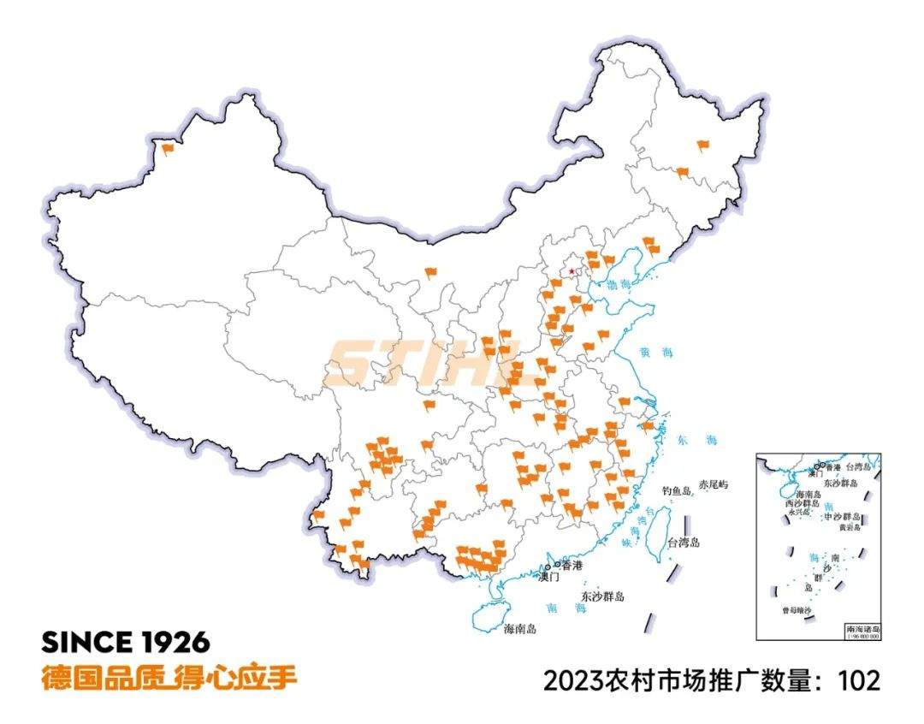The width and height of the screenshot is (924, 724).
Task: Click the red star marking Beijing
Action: coord(572,271)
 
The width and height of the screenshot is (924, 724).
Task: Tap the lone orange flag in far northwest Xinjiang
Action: coord(167,148)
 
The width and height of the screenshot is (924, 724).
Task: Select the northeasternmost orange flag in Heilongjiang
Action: coord(703,145)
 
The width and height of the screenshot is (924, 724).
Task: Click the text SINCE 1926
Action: coord(126,643)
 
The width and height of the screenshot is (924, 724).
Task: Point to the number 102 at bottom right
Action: coord(859,681)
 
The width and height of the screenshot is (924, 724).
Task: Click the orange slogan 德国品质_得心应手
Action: coord(169,678)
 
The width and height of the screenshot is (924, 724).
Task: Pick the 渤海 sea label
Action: coord(619,284)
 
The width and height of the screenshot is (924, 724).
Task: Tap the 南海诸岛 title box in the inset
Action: coord(862,628)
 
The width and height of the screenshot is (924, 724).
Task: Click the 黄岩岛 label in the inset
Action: coord(849,528)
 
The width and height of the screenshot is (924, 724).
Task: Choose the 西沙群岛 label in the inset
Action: coord(802,504)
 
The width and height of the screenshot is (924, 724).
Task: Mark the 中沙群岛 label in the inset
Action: coord(843,518)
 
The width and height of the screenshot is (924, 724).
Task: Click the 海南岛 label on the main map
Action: coord(520,629)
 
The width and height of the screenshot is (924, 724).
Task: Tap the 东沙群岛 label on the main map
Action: coord(602,596)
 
